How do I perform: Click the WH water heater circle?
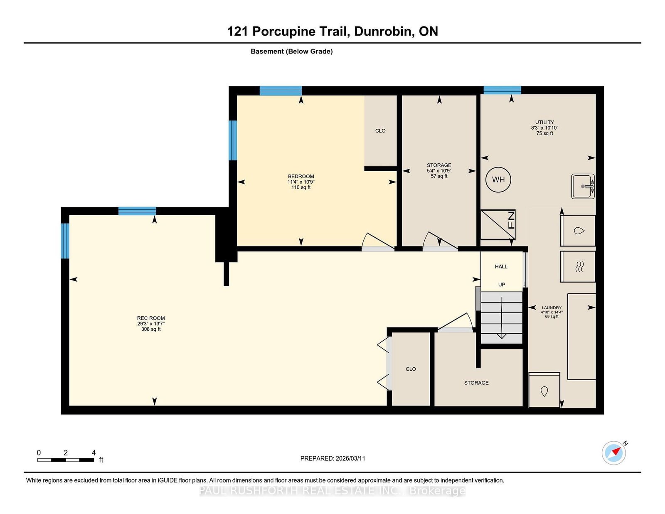click(x=498, y=180)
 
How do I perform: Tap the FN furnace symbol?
click(x=498, y=224)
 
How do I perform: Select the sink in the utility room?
click(x=583, y=186)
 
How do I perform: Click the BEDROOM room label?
click(x=301, y=176)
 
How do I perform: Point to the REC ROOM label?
click(x=151, y=318)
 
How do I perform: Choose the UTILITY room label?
click(x=544, y=122)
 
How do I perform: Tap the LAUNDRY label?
click(x=552, y=308)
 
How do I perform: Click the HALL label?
click(x=501, y=266)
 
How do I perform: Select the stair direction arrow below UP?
click(x=502, y=317)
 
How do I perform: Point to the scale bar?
click(x=66, y=460)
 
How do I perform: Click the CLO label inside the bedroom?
click(x=380, y=130)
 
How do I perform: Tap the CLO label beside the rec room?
click(x=411, y=369)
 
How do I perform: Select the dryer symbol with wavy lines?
click(x=577, y=266)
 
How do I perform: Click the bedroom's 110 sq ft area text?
click(x=301, y=187)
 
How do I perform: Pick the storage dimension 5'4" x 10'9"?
click(x=439, y=171)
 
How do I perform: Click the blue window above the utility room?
click(x=502, y=90)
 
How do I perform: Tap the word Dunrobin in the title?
click(x=382, y=31)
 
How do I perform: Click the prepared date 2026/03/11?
click(x=350, y=458)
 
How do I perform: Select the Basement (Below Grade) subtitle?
click(x=292, y=52)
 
